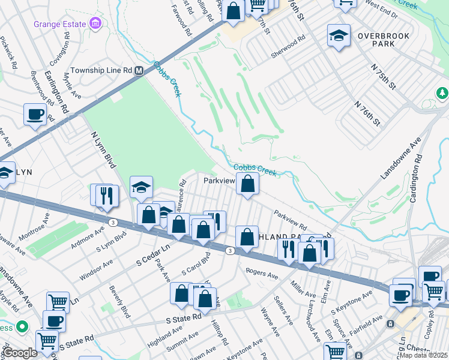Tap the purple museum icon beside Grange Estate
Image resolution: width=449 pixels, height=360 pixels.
click(94, 23)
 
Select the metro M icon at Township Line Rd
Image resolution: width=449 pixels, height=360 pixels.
click(139, 70)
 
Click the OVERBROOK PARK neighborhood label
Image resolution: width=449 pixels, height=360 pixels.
click(384, 40)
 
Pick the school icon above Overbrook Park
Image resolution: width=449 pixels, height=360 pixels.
click(339, 36)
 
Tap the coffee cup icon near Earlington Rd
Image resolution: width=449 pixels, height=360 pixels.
click(35, 113)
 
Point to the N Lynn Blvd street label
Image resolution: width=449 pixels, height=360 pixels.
click(103, 149)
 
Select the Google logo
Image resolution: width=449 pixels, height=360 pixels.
click(19, 353)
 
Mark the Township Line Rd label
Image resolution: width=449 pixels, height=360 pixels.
click(101, 70)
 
